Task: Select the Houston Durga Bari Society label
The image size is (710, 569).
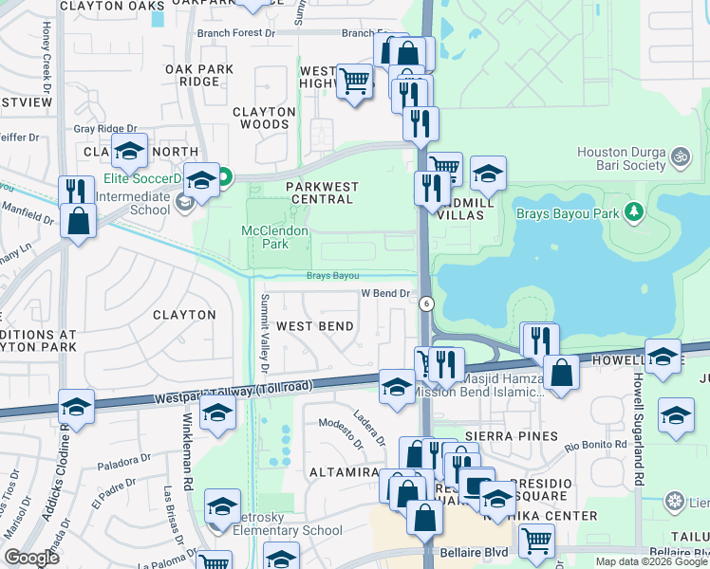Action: (622, 158)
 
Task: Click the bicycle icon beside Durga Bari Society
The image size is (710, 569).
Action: (679, 156)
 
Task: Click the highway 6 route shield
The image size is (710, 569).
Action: (426, 303)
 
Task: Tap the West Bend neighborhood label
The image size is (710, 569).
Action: (315, 326)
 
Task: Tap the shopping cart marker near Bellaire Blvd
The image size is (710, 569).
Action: (536, 541)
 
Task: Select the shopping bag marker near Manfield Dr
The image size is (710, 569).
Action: (78, 222)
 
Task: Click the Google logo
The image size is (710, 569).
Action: (31, 558)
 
